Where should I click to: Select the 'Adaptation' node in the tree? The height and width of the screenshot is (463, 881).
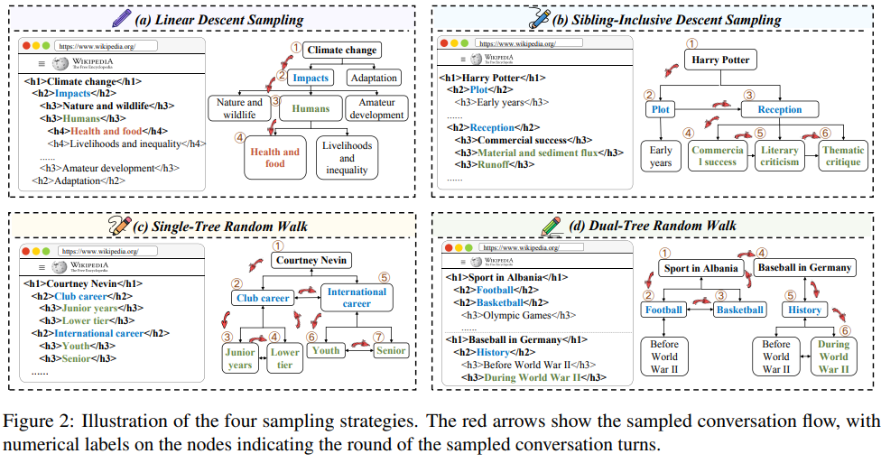[x=373, y=78]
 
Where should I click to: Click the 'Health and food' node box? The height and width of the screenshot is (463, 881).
[x=275, y=158]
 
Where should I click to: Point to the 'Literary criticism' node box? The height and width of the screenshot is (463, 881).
[x=779, y=156]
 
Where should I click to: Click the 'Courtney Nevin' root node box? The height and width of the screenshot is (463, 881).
[x=311, y=262]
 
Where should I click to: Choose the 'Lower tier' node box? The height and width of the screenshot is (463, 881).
[x=284, y=358]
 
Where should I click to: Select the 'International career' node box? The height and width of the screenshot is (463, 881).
[x=357, y=298]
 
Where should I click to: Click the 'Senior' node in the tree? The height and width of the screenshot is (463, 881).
[x=391, y=350]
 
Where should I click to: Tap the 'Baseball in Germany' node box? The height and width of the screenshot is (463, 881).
[x=804, y=267]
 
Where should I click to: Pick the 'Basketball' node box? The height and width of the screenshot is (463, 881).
[x=739, y=310]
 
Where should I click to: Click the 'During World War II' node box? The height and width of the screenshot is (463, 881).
[x=833, y=357]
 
